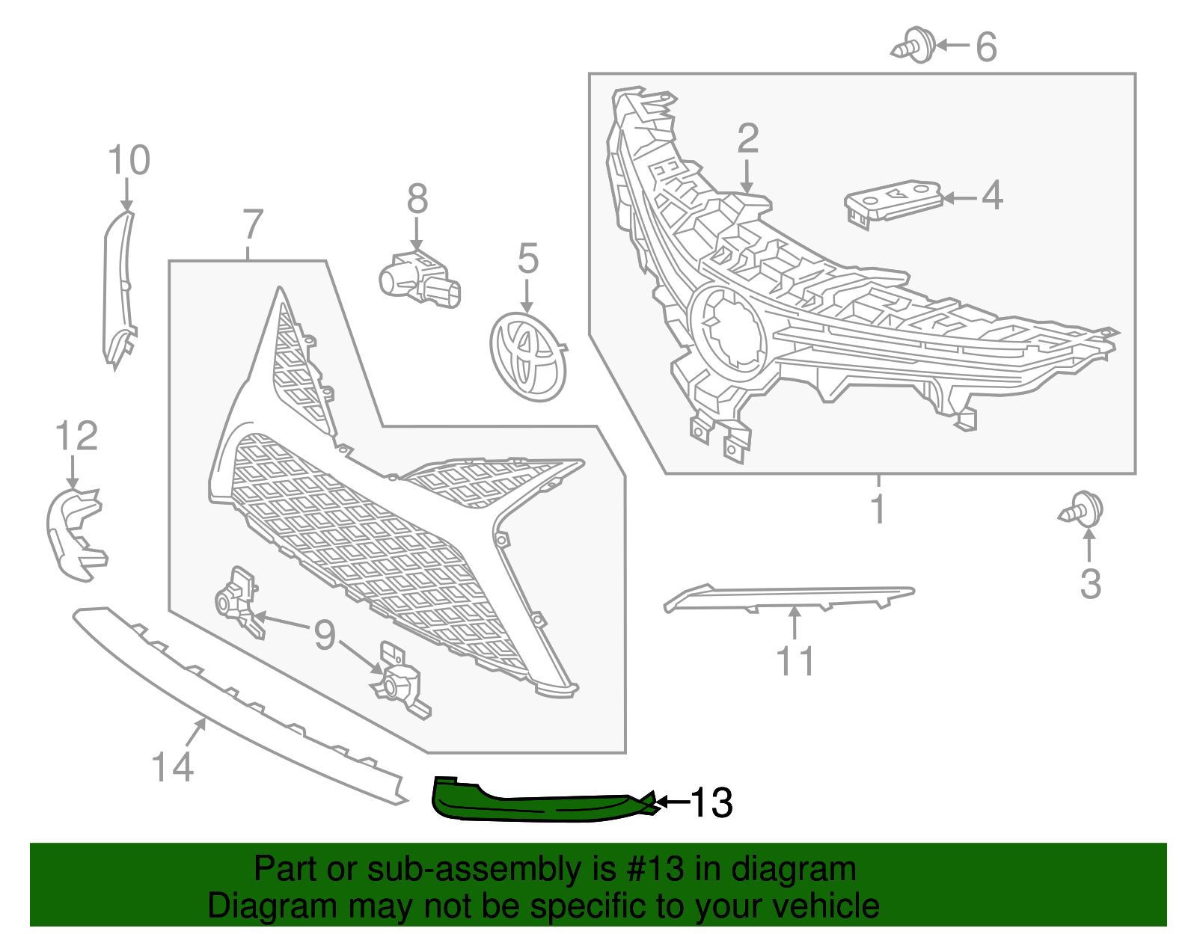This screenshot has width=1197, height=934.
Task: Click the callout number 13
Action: tap(711, 803)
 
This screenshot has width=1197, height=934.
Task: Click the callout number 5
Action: tap(528, 259)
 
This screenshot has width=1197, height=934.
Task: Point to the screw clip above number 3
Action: tap(1083, 510)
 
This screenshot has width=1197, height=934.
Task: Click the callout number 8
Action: tap(417, 200)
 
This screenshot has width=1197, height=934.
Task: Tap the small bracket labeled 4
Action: tap(892, 201)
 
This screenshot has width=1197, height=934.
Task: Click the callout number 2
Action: tap(747, 140)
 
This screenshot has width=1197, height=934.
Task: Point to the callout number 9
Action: tap(324, 636)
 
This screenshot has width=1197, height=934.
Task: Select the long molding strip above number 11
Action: tap(789, 597)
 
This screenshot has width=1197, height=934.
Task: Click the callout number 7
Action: tap(253, 224)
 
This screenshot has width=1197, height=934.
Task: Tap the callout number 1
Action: tap(878, 510)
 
